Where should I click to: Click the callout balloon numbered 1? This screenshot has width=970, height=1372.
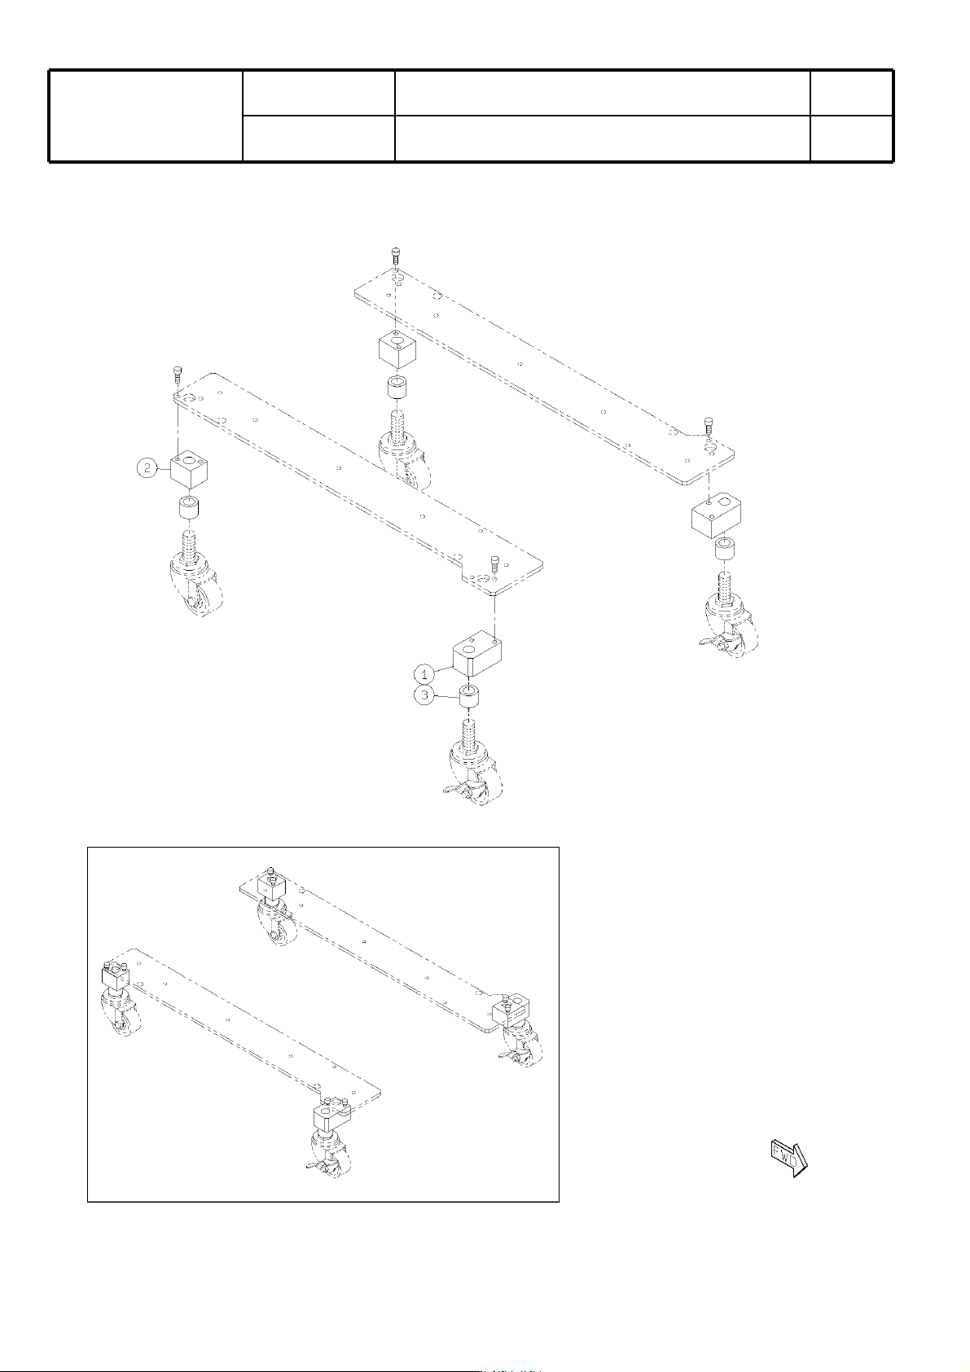click(424, 674)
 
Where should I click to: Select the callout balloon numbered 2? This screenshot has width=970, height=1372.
click(147, 468)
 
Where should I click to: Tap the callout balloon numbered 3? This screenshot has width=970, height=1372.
click(424, 695)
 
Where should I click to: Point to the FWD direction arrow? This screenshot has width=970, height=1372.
click(788, 1159)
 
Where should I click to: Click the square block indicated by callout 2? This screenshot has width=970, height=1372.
click(189, 471)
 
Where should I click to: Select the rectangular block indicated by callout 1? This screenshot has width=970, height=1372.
click(477, 655)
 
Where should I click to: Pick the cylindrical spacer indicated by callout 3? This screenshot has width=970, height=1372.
click(469, 698)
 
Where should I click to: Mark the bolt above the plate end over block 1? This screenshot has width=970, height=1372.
click(494, 563)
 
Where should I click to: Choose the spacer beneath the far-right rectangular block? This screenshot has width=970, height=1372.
click(726, 550)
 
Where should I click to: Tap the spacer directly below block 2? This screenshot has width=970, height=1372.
click(190, 509)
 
